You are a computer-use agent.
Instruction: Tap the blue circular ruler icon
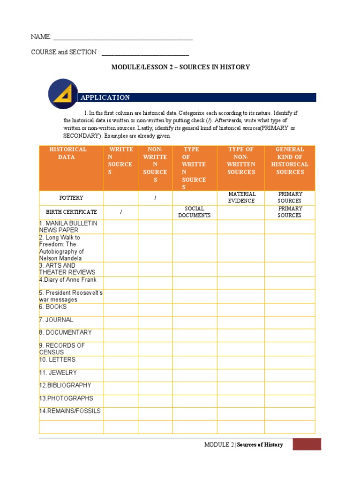point(62,94)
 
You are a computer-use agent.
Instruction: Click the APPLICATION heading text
point(105,97)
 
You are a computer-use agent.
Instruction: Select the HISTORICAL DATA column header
point(68,153)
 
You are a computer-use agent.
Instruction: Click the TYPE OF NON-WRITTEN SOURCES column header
point(241,161)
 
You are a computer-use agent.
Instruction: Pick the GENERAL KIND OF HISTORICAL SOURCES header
point(290,161)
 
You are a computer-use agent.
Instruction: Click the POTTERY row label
point(71,198)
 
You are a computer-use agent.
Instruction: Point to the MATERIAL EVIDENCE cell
point(242,197)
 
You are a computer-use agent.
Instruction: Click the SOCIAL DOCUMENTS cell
point(195,212)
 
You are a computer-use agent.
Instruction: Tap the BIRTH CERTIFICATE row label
point(71,212)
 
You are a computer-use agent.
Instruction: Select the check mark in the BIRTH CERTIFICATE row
point(121,212)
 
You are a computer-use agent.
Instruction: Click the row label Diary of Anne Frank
point(68,280)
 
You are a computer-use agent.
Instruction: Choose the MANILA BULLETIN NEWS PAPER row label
point(68,227)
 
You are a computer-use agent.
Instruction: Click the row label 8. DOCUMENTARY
point(65,332)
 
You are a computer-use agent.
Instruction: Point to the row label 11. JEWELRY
point(58,373)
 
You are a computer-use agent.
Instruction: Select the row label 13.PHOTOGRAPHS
point(66,398)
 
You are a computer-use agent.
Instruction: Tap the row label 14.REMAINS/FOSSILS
point(70,411)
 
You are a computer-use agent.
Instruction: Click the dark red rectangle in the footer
point(307,444)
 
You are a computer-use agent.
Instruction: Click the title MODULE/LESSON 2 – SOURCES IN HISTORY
point(180,67)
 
